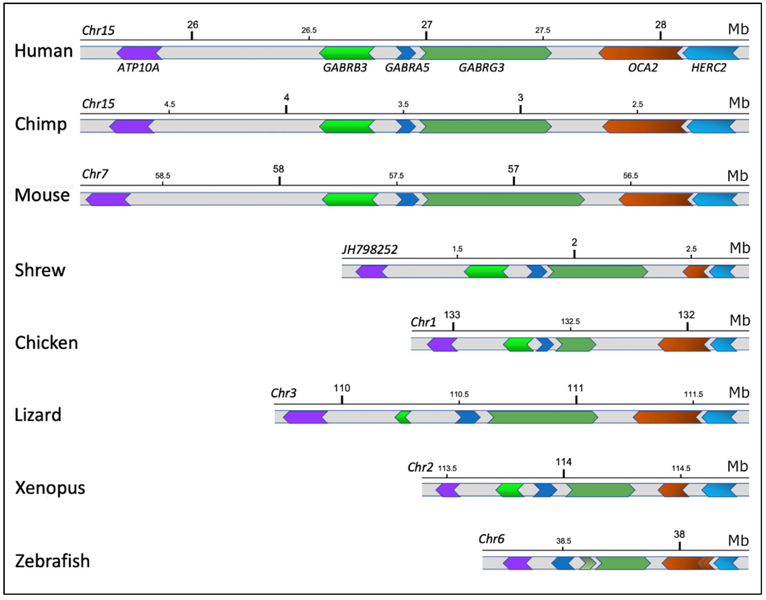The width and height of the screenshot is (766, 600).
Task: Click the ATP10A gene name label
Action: [138, 67]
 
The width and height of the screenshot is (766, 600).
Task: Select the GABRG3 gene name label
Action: [481, 67]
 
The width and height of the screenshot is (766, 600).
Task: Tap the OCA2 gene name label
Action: [643, 67]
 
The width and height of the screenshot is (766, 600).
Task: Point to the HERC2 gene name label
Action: [708, 67]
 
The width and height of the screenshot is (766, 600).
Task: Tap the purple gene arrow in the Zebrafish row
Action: [517, 563]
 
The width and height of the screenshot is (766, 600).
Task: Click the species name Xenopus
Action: [50, 488]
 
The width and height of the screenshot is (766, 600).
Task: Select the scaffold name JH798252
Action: [370, 249]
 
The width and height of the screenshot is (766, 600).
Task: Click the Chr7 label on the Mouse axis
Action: [95, 174]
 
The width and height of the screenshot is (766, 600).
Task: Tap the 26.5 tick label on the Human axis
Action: [309, 30]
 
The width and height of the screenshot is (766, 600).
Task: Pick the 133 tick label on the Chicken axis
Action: [452, 315]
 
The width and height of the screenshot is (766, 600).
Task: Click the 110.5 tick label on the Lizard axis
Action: [459, 394]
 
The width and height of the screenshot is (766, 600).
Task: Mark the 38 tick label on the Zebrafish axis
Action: [679, 534]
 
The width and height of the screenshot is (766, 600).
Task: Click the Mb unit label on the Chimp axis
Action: [739, 103]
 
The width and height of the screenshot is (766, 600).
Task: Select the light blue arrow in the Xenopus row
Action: [719, 490]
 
